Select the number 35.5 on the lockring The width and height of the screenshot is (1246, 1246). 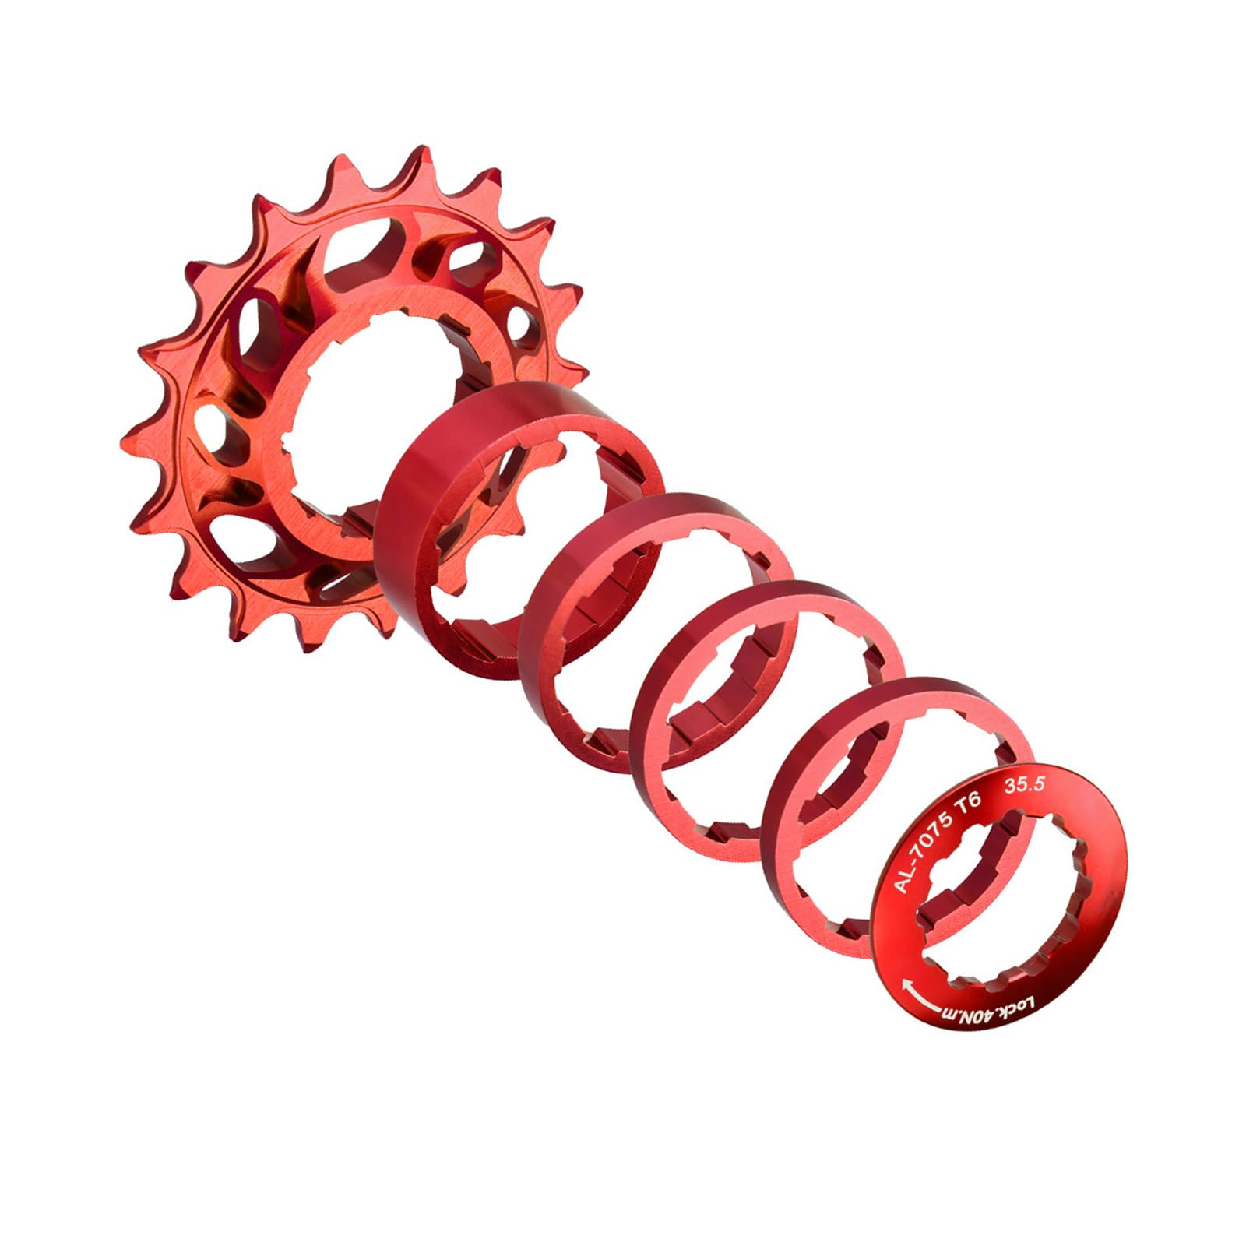click(1025, 787)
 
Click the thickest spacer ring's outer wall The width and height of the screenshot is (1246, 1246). click(421, 506)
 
